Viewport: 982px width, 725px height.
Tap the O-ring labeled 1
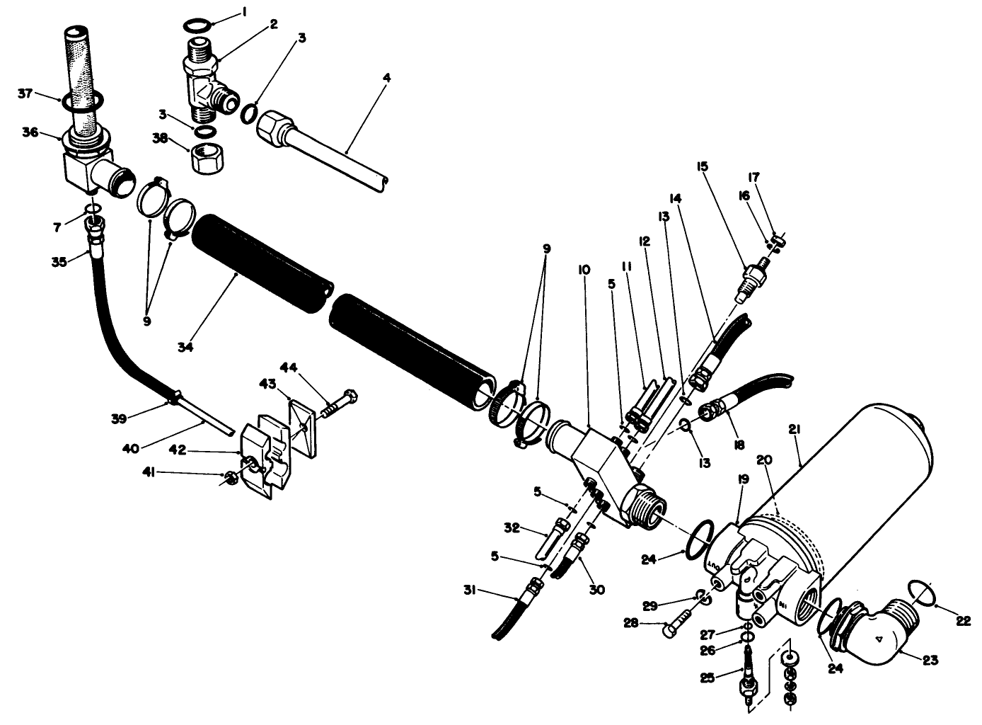tap(196, 25)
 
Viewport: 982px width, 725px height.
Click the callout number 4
tap(386, 76)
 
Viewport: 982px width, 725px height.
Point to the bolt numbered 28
tap(676, 627)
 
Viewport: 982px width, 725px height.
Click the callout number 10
tap(584, 270)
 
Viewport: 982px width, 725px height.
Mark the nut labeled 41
tap(230, 479)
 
